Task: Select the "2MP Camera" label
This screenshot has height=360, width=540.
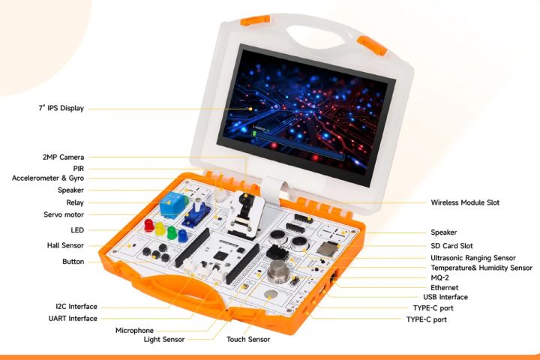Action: tap(63, 157)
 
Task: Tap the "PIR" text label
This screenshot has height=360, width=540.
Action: tap(78, 169)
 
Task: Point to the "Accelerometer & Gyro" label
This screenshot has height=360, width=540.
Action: tap(48, 178)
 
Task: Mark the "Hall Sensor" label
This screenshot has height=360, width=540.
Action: tap(65, 245)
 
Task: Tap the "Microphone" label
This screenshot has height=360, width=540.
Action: tap(134, 331)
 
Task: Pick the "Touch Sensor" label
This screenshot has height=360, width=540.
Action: tap(248, 340)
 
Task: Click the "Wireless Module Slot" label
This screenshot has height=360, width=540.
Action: tap(465, 202)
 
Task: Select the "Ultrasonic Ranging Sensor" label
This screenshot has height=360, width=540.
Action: tap(478, 257)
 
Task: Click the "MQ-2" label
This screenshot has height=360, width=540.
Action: tap(442, 277)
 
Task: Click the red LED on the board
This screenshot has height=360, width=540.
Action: tap(149, 226)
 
